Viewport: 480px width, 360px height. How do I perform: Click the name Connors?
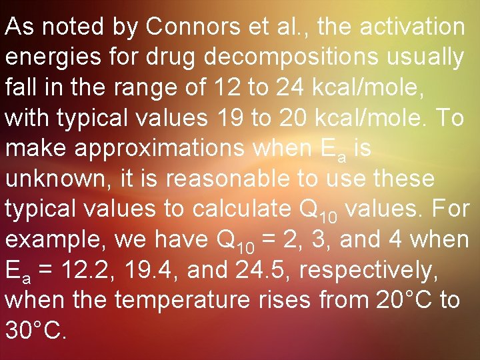pyautogui.click(x=189, y=27)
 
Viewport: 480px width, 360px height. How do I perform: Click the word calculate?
pyautogui.click(x=244, y=209)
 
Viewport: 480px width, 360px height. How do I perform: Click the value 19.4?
pyautogui.click(x=150, y=269)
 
